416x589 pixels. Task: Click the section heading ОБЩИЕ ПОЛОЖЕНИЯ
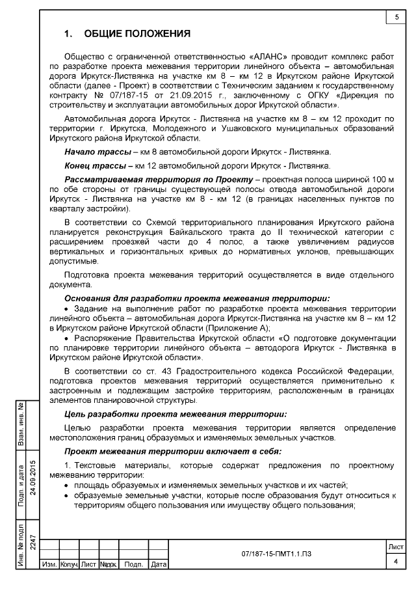pyautogui.click(x=136, y=33)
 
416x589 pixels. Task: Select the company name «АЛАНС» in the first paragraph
pyautogui.click(x=269, y=57)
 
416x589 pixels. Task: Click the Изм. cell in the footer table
pyautogui.click(x=49, y=564)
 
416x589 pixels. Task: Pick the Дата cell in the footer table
pyautogui.click(x=158, y=564)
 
